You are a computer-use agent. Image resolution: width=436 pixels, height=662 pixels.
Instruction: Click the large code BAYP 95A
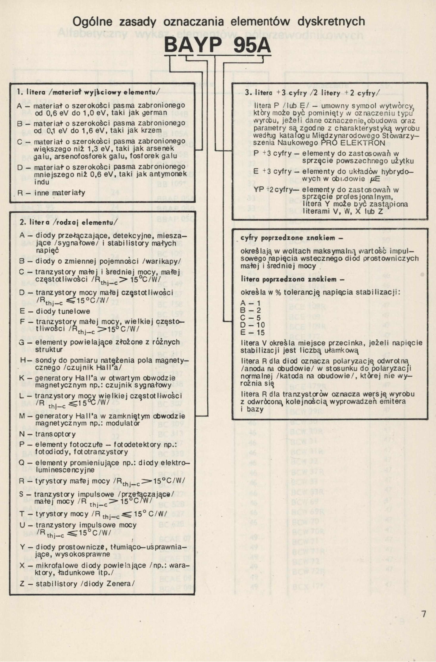coord(217,46)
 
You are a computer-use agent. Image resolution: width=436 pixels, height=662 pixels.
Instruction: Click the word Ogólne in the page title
coord(92,22)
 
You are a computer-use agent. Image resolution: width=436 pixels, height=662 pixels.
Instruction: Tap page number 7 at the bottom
coord(424,614)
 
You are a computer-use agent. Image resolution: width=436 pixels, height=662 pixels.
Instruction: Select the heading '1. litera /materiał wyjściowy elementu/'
coord(88,92)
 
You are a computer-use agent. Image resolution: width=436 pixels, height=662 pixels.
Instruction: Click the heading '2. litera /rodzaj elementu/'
coord(69,222)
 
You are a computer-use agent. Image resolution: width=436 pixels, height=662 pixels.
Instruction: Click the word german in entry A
coord(155,113)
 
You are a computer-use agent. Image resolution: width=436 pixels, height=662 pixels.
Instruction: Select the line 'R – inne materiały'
coord(51,193)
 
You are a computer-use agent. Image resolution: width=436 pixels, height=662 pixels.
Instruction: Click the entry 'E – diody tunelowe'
coord(55,312)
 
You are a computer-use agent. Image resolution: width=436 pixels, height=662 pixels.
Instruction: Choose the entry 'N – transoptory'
coord(48,434)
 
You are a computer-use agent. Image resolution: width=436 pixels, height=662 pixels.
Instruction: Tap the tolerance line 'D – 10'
coord(252,325)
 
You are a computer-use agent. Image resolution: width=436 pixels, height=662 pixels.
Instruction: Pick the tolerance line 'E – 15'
coord(252,332)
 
